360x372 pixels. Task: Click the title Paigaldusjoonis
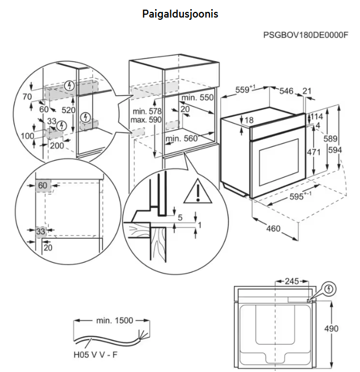[180, 14]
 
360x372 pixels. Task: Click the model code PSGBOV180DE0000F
[305, 35]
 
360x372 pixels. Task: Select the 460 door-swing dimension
[273, 229]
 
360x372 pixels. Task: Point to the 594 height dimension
[350, 149]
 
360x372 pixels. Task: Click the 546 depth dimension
[286, 91]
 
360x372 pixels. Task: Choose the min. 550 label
[198, 97]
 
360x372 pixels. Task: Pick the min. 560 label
[182, 138]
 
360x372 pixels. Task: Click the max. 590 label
[146, 121]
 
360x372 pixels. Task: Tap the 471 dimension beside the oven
[315, 152]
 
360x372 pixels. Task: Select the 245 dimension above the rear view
[292, 280]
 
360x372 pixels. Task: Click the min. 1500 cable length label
[114, 320]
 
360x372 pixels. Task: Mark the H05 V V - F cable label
[95, 356]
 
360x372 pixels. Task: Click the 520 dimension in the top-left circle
[68, 110]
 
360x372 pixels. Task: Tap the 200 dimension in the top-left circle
[57, 145]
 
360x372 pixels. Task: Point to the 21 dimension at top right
[307, 91]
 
